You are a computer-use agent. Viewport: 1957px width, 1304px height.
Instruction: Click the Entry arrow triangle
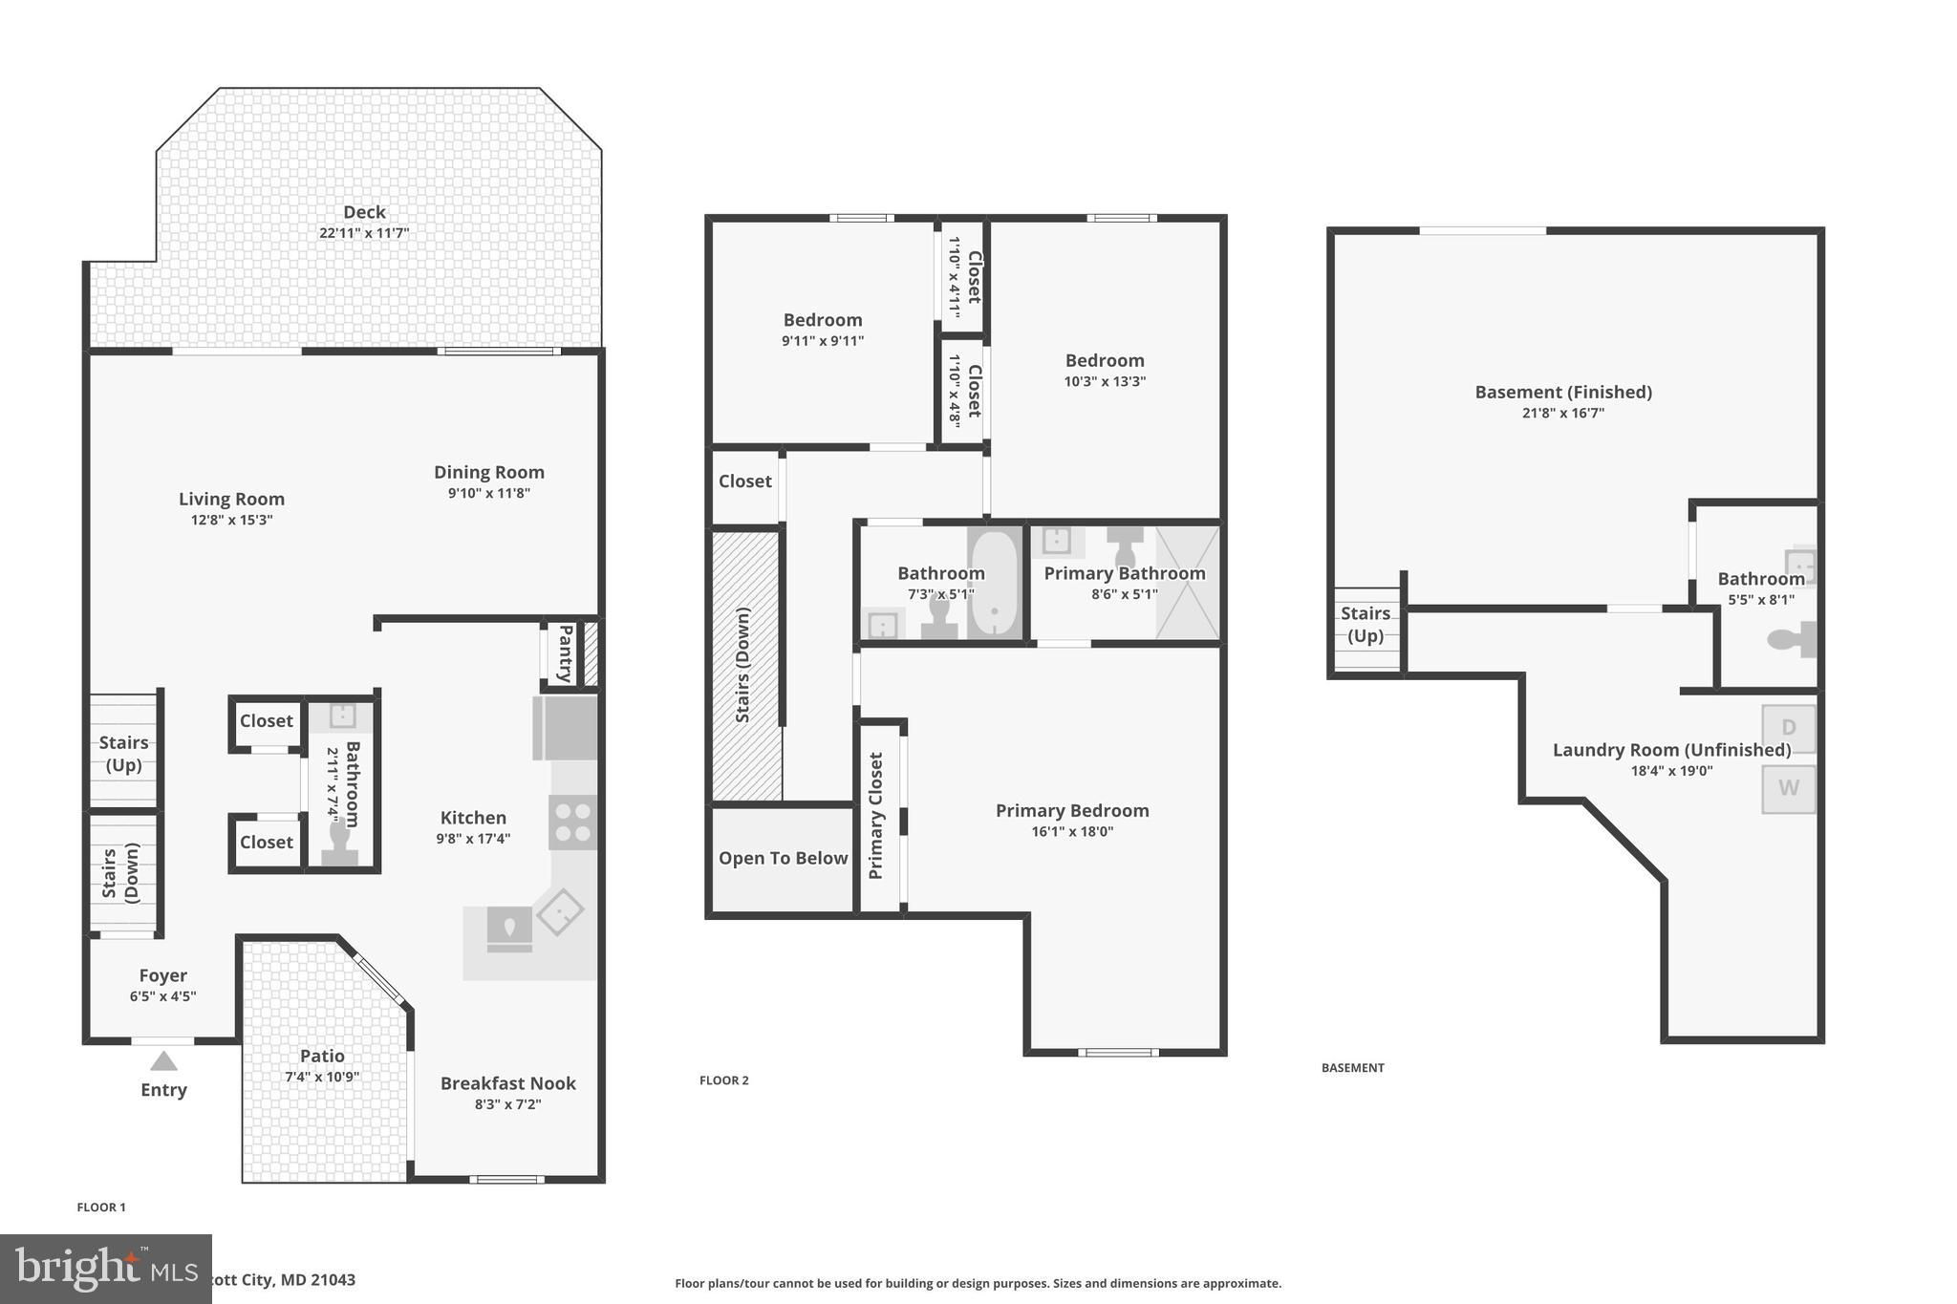pos(163,1061)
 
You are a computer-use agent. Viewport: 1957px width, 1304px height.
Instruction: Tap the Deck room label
pos(364,212)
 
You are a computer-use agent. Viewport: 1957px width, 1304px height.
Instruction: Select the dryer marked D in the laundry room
pos(1788,728)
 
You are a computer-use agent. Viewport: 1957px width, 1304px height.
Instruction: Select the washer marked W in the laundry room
pos(1788,788)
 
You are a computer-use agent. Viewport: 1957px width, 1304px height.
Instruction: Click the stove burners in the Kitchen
pos(572,823)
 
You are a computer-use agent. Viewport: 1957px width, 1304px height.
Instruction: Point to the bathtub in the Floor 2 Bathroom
pos(995,583)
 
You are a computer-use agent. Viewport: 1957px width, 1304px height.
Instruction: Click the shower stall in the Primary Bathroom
pos(1188,583)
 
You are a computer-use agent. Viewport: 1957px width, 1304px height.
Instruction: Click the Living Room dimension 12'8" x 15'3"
pos(231,520)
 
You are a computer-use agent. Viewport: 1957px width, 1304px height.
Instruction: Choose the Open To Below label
pos(783,858)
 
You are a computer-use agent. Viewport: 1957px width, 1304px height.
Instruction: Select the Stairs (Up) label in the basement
pos(1365,625)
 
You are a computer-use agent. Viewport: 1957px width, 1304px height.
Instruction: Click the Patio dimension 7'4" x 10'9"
pos(322,1077)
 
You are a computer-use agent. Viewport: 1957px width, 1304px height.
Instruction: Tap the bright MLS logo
pos(105,1269)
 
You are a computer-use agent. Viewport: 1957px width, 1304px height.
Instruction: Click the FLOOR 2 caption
pos(723,1080)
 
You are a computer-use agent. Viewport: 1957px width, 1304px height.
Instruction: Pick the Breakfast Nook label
pos(507,1083)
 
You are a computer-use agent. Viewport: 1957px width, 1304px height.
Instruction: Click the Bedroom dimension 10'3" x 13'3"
pos(1105,381)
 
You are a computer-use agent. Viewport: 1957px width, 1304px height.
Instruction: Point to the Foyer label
pos(162,975)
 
